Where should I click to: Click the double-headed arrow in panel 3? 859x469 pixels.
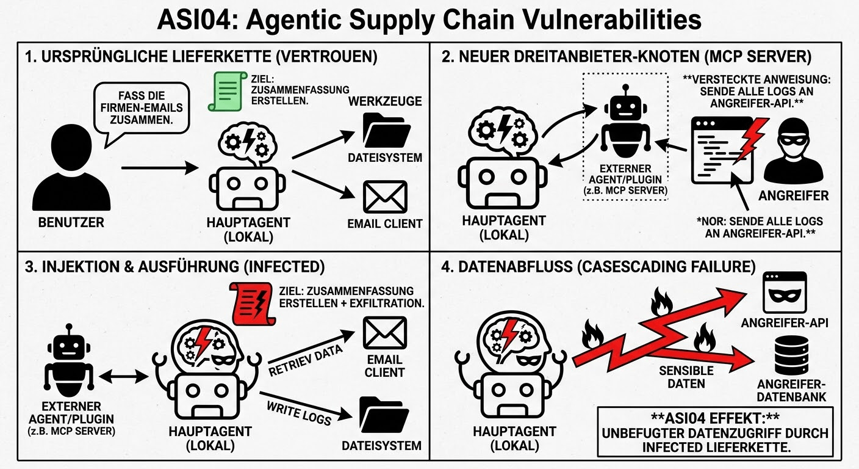(x=123, y=377)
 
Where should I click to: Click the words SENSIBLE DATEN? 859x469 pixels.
(x=686, y=377)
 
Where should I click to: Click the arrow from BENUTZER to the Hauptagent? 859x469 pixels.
(x=160, y=166)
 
